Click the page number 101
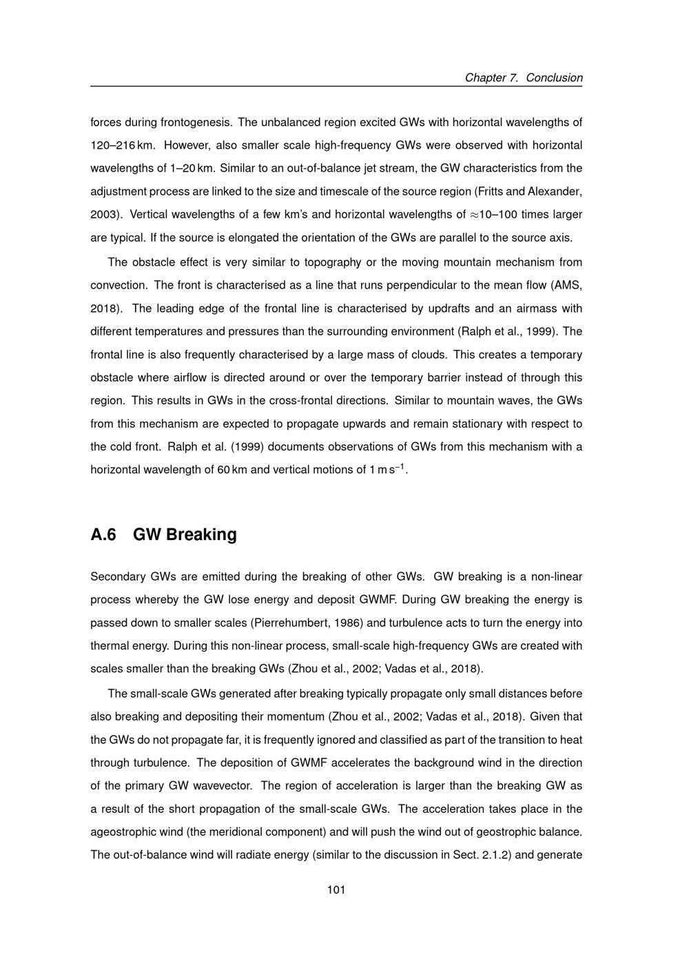click(x=336, y=890)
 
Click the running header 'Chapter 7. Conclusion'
click(x=524, y=78)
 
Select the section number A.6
click(x=103, y=535)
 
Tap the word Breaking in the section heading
click(x=201, y=535)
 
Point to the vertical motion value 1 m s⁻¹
click(x=388, y=470)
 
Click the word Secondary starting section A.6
click(x=118, y=577)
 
